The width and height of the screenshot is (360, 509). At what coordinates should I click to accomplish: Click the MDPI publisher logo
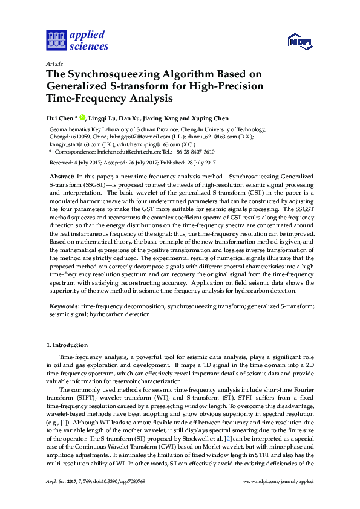pos(300,41)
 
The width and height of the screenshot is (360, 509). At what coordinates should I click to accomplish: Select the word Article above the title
pos(54,63)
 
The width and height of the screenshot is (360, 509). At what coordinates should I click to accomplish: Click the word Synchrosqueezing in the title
pos(113,74)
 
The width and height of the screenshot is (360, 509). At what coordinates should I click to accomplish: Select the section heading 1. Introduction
pos(67,345)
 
